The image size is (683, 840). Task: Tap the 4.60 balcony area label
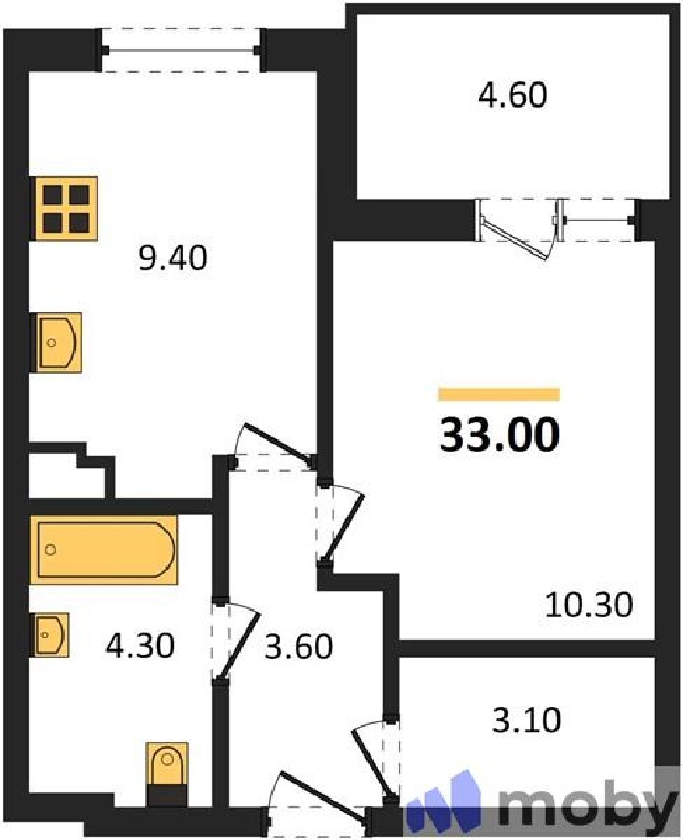pyautogui.click(x=513, y=94)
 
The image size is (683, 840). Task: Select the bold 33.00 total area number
pyautogui.click(x=499, y=435)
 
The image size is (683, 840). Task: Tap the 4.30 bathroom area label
pyautogui.click(x=140, y=646)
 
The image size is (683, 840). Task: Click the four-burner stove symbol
pyautogui.click(x=64, y=208)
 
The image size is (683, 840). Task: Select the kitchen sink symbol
pyautogui.click(x=56, y=342)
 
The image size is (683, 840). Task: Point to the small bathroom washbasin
pyautogui.click(x=50, y=635)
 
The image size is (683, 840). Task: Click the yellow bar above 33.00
pyautogui.click(x=499, y=394)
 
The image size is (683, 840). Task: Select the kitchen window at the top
pyautogui.click(x=181, y=50)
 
